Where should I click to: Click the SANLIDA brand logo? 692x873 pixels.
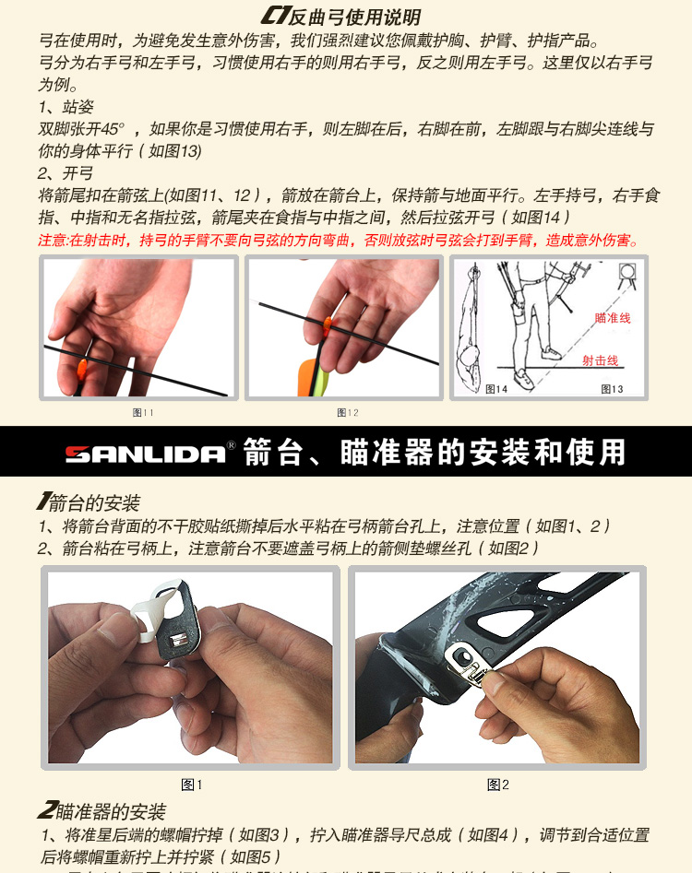(x=146, y=454)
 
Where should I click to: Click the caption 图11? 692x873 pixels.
(x=143, y=412)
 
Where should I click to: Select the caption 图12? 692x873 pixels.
(x=348, y=412)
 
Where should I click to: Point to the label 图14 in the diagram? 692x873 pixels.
(x=496, y=389)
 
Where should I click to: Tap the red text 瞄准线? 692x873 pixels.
(x=613, y=318)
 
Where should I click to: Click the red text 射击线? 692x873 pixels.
(x=600, y=360)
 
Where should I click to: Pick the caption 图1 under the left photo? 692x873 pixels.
(x=192, y=785)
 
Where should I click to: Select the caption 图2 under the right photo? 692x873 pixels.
(x=498, y=785)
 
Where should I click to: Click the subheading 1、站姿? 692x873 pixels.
(x=66, y=107)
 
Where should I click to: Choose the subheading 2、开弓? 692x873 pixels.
(x=66, y=172)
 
